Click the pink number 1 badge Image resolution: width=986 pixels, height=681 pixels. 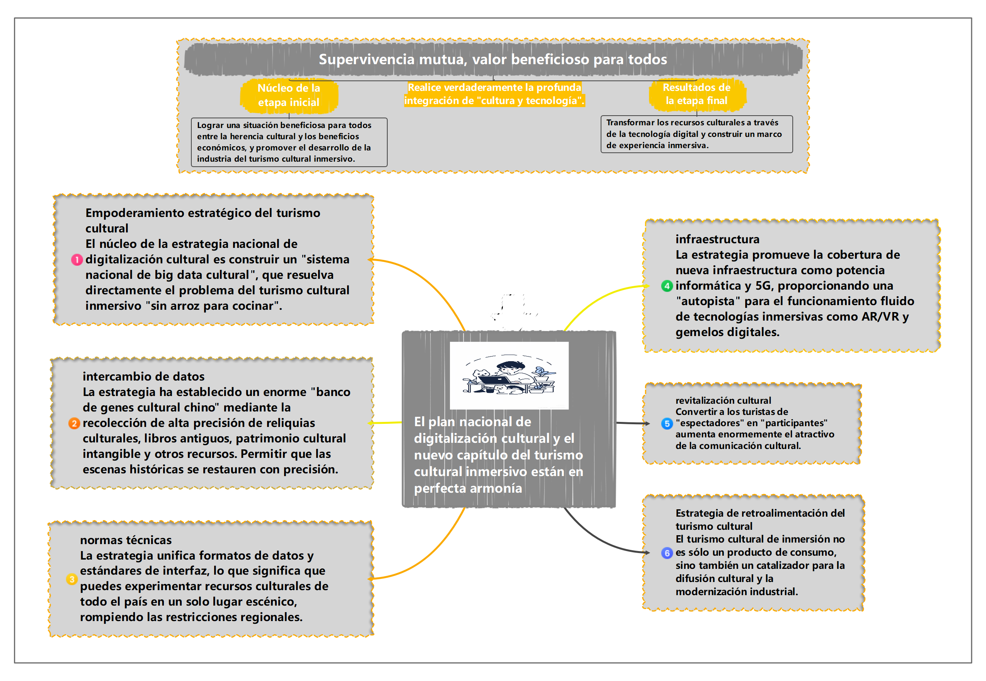pos(77,260)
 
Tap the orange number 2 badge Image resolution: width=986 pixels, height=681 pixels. pos(74,423)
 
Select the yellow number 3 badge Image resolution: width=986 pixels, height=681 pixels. pos(72,579)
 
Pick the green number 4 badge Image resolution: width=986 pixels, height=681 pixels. pos(667,286)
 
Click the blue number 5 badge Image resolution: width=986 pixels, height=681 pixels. pos(667,424)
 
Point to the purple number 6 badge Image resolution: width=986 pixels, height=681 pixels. pos(667,553)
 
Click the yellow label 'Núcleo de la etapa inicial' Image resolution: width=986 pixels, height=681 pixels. pos(289,95)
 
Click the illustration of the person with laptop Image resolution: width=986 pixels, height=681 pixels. pos(509,375)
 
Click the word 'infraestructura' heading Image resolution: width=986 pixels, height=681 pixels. pos(717,239)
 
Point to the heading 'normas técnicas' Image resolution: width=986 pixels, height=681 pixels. pos(126,540)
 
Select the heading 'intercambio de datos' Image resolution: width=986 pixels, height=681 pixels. pos(143,377)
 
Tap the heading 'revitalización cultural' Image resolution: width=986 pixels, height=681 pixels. pos(723,401)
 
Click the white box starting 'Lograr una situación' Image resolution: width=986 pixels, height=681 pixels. pos(289,142)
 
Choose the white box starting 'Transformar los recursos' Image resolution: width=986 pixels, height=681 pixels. pos(696,134)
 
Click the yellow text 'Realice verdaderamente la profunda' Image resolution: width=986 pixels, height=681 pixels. pos(494,87)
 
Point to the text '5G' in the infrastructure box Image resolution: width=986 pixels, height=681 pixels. pos(764,286)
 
